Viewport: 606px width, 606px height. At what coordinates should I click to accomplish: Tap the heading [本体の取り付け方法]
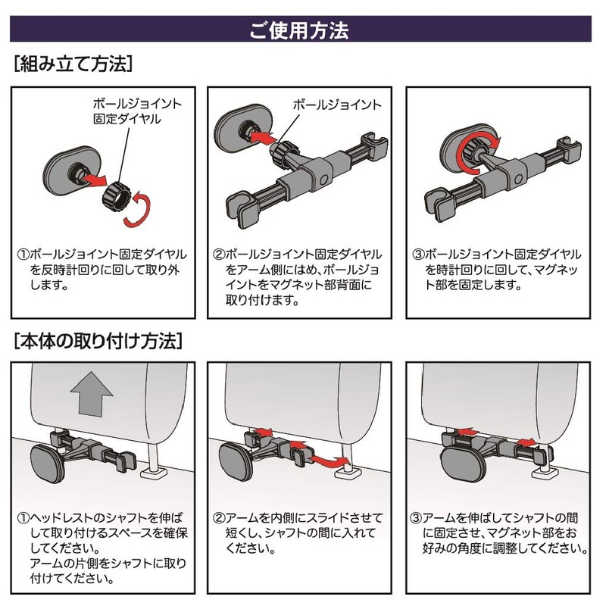click(98, 342)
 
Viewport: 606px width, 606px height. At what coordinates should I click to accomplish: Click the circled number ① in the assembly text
click(23, 255)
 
